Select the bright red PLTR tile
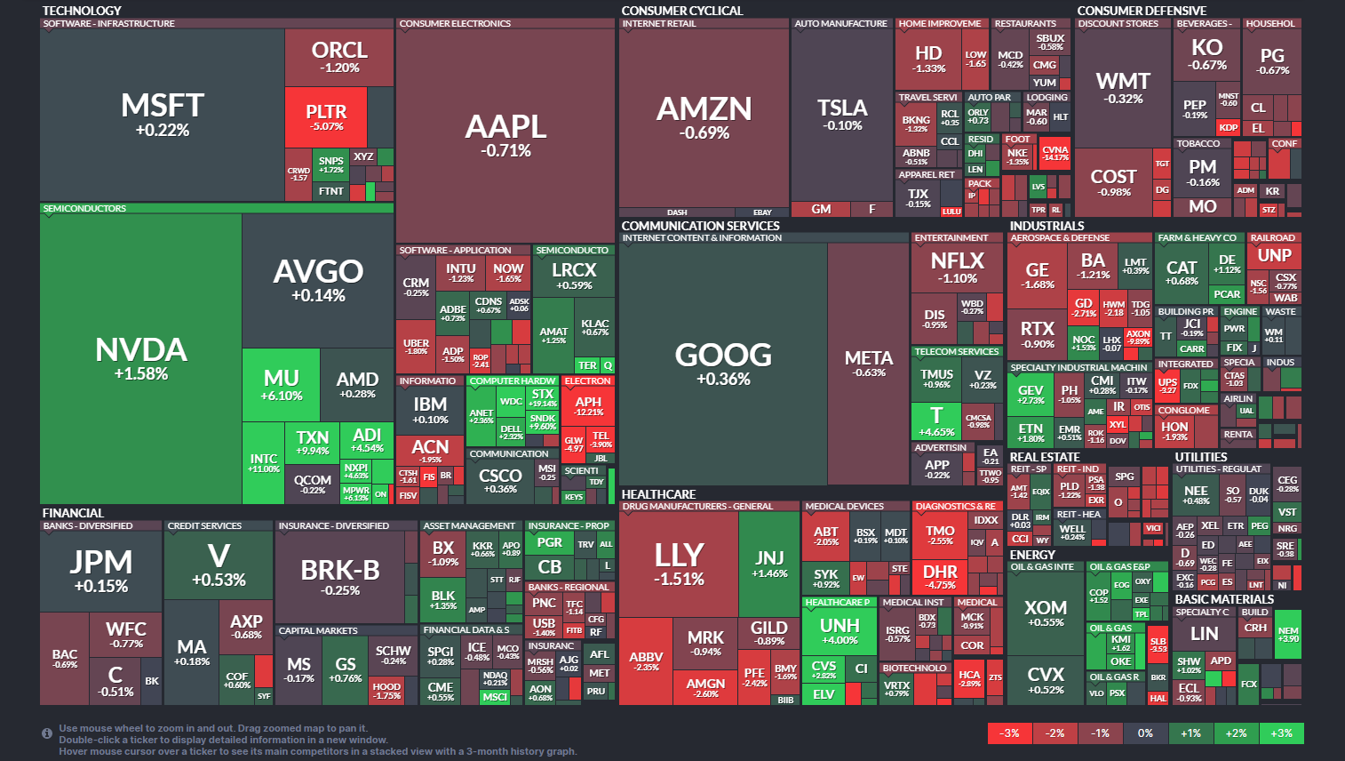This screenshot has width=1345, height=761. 326,116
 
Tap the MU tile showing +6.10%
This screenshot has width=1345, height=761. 281,384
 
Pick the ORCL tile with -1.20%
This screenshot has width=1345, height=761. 339,56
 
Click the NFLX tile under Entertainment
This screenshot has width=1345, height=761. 957,267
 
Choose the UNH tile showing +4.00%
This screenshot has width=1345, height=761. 840,630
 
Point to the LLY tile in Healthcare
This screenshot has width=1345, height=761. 679,563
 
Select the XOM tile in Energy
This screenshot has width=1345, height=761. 1045,613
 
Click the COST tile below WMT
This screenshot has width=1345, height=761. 1113,182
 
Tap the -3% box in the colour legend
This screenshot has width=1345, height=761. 1010,733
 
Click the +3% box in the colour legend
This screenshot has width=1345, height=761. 1281,733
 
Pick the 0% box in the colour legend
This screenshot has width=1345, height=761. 1145,733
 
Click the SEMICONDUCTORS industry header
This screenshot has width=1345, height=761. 85,208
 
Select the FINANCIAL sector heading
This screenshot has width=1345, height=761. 73,513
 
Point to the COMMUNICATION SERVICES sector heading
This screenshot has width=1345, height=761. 700,226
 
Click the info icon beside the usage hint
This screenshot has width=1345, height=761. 47,733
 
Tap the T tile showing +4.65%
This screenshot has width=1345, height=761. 936,420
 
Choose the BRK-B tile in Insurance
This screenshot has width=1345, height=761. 340,575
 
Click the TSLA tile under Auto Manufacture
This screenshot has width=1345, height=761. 841,114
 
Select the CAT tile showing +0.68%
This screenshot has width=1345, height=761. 1182,272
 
